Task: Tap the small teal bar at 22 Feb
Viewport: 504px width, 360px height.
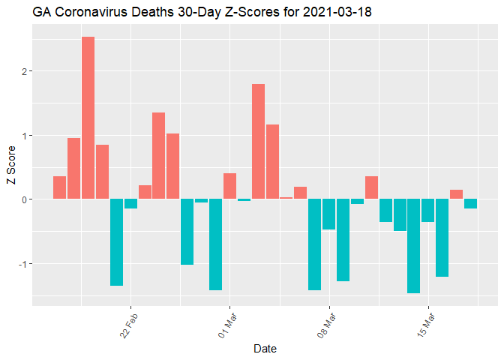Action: (x=130, y=204)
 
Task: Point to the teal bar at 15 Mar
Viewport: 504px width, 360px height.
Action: (x=427, y=211)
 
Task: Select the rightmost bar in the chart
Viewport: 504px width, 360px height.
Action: (x=470, y=204)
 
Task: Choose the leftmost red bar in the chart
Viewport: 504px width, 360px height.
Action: (x=59, y=187)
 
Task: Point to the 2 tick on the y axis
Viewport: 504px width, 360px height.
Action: (x=24, y=71)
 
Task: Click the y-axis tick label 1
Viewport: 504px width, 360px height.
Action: (x=24, y=136)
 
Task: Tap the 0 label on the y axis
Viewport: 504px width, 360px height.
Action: (x=24, y=199)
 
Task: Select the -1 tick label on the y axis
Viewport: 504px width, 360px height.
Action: (x=22, y=264)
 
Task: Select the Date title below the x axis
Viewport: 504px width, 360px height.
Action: (x=265, y=349)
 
